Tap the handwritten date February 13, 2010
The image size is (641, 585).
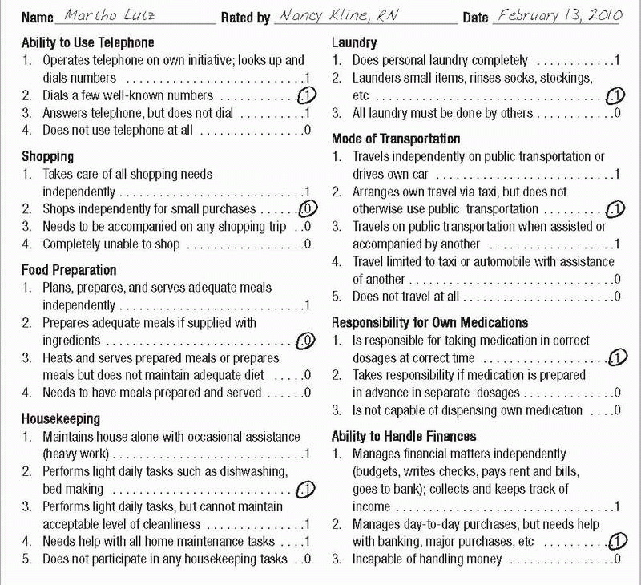tap(558, 16)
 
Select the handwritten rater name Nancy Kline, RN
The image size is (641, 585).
tap(349, 17)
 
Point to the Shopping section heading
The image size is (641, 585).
tap(47, 156)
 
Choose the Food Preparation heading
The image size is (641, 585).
tap(69, 270)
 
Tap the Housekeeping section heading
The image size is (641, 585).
tap(61, 418)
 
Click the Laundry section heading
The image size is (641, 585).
tap(354, 42)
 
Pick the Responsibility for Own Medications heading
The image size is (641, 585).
tap(430, 322)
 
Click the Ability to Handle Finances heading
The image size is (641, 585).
tap(404, 436)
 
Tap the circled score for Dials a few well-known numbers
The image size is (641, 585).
tap(306, 95)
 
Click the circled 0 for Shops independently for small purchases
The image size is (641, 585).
tap(307, 209)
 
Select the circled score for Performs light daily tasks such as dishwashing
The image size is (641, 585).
tap(305, 488)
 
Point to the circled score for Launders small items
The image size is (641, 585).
tap(615, 96)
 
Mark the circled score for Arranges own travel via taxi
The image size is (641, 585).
tap(615, 209)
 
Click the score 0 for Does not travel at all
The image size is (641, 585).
tap(616, 296)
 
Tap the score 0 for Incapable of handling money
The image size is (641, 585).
tap(616, 559)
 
